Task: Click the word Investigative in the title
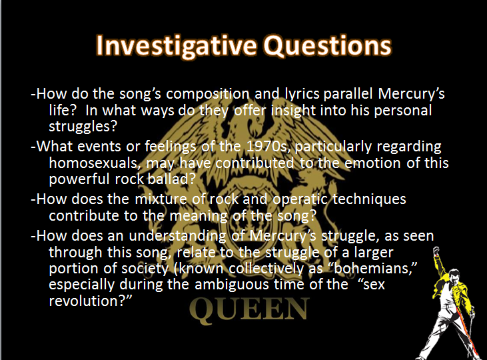[x=177, y=46]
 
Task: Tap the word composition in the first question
[x=207, y=94]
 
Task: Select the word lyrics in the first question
[x=302, y=94]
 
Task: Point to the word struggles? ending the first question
[x=83, y=127]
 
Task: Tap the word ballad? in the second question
[x=171, y=179]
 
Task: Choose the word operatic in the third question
[x=300, y=199]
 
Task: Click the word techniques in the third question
[x=369, y=199]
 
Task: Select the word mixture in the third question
[x=161, y=199]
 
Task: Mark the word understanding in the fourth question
[x=177, y=236]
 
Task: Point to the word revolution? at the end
[x=91, y=301]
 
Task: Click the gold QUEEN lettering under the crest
[x=249, y=309]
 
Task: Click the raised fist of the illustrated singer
[x=436, y=250]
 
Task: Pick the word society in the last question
[x=145, y=268]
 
